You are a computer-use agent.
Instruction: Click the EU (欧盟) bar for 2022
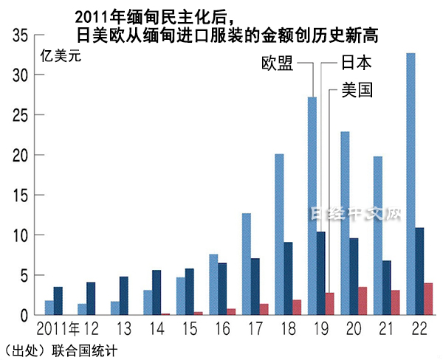[411, 184]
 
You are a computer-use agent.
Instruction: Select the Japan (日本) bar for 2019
[320, 273]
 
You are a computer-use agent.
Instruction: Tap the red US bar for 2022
[428, 299]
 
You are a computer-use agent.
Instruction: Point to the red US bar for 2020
[363, 301]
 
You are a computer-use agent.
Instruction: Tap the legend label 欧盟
[278, 63]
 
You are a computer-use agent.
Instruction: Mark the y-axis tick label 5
[23, 275]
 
